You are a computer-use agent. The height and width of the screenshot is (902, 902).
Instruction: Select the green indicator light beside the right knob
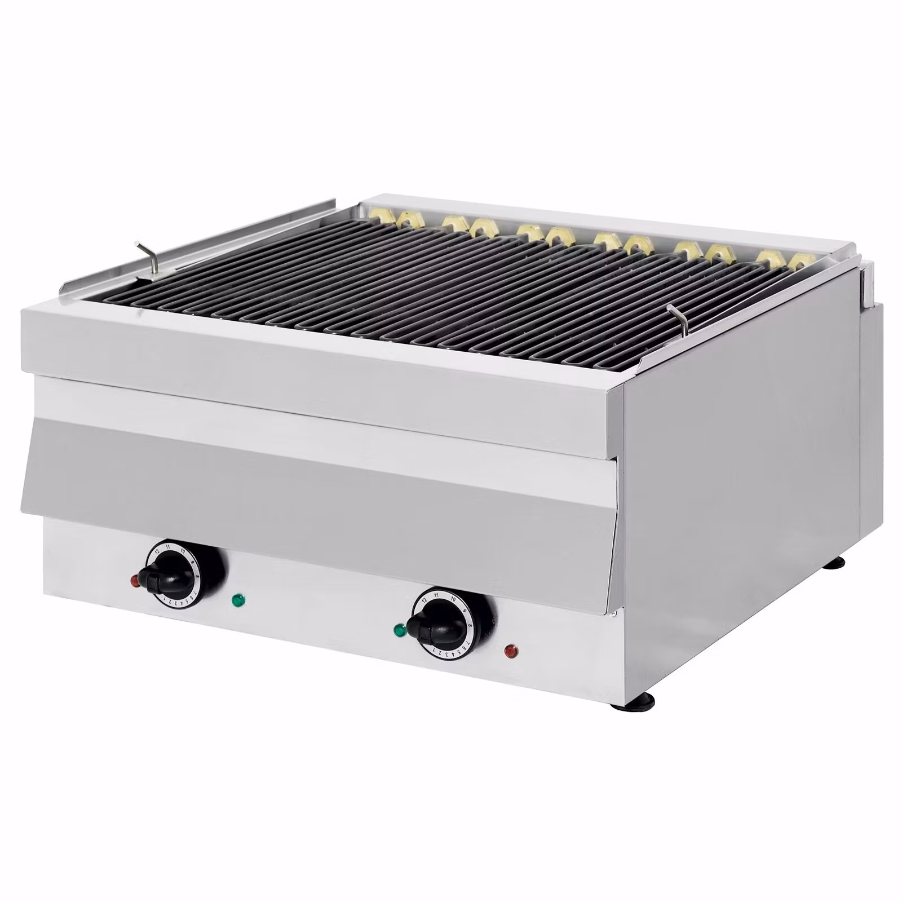pos(400,629)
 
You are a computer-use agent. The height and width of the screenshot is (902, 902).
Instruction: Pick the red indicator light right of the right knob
pos(511,652)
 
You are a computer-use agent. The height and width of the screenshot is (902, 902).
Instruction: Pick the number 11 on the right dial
pos(437,594)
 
